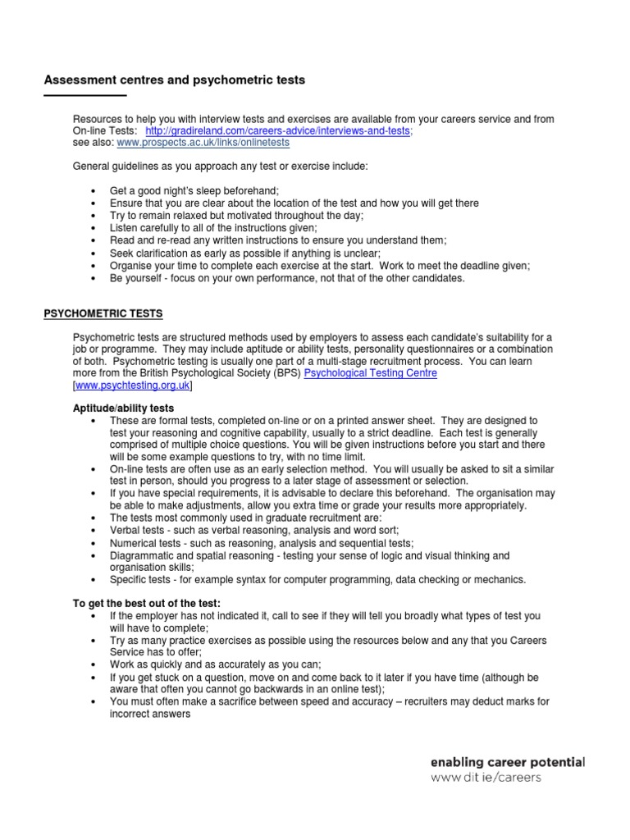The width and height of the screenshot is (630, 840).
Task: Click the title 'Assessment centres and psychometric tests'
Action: [x=174, y=80]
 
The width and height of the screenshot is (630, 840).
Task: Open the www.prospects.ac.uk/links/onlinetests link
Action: [x=203, y=142]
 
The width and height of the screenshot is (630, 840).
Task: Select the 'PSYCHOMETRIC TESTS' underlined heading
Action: [x=103, y=313]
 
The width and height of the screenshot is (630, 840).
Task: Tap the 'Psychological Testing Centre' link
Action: [x=371, y=372]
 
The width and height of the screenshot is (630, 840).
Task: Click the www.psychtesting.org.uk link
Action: [x=133, y=384]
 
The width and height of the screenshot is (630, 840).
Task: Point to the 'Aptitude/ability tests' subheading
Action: [x=124, y=408]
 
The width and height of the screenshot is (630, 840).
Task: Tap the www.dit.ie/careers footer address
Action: [x=486, y=778]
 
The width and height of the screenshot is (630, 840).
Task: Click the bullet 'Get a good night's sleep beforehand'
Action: [x=195, y=190]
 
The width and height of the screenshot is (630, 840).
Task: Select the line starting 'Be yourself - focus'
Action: [x=287, y=278]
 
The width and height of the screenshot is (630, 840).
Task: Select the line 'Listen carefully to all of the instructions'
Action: [x=213, y=227]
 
